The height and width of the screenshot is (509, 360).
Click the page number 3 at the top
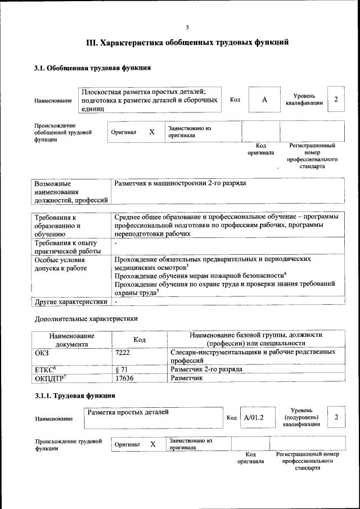pyautogui.click(x=187, y=28)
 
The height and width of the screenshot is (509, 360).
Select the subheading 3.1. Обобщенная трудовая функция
pyautogui.click(x=92, y=69)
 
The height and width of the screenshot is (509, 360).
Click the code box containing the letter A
pyautogui.click(x=264, y=100)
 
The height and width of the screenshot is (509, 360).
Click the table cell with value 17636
pyautogui.click(x=125, y=379)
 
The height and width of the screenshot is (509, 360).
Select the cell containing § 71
pyautogui.click(x=122, y=370)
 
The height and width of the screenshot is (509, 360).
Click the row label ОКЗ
pyautogui.click(x=42, y=352)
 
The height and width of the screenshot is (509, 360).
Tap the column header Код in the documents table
pyautogui.click(x=139, y=339)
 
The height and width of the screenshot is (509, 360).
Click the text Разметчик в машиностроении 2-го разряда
pyautogui.click(x=180, y=183)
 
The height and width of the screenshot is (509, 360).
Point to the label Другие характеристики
pyautogui.click(x=71, y=302)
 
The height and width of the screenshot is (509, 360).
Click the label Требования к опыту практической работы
pyautogui.click(x=68, y=247)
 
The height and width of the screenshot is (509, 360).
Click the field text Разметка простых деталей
pyautogui.click(x=128, y=412)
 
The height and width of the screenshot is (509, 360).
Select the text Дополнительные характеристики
pyautogui.click(x=86, y=318)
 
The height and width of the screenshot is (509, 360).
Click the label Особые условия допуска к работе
pyautogui.click(x=61, y=264)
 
